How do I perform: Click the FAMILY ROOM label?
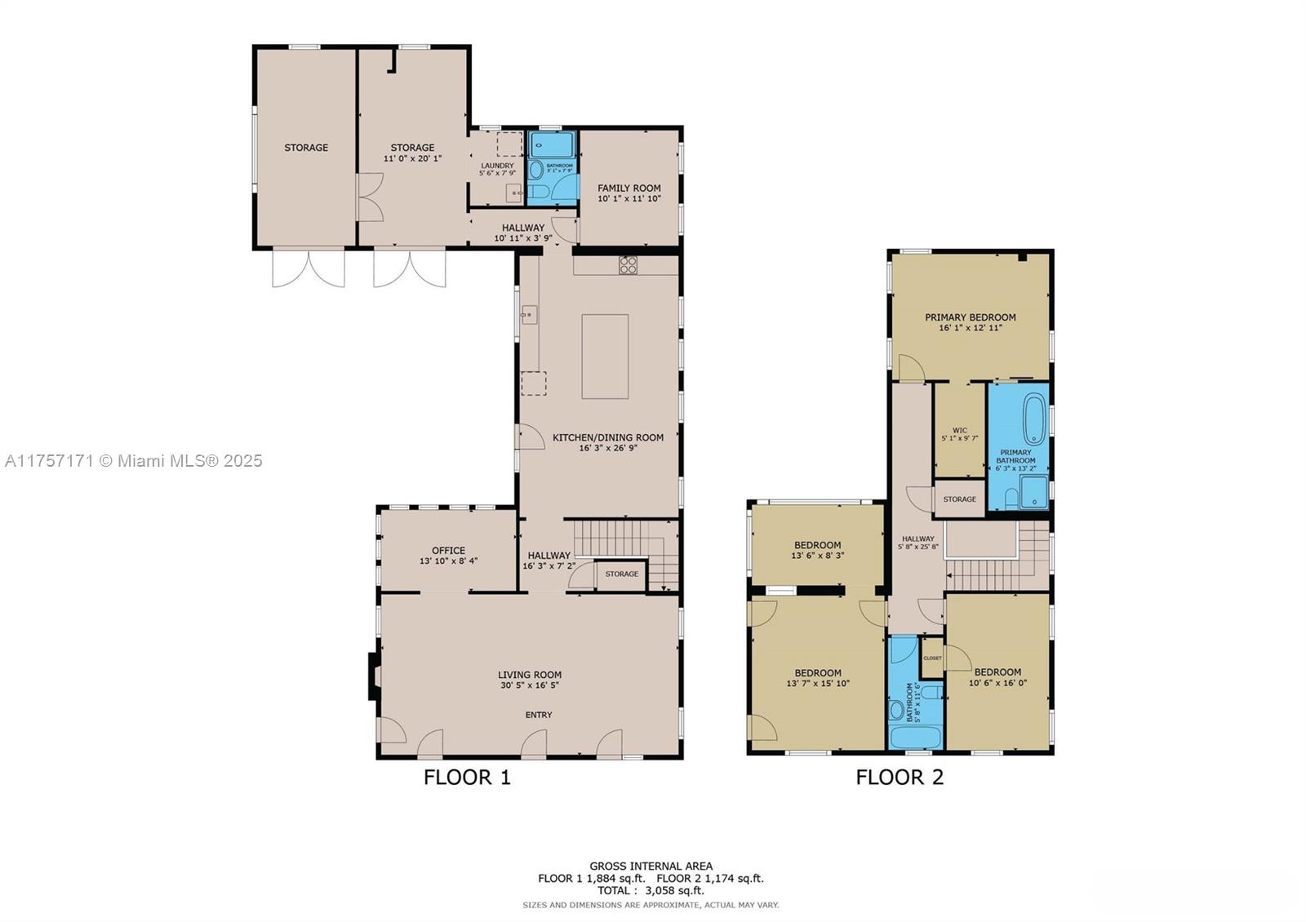pos(629,188)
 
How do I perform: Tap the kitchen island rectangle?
pos(605,357)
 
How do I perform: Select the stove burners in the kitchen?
pos(628,264)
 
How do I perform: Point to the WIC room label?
pos(959,430)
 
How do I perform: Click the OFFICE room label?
pos(448,550)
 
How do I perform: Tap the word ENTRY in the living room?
pos(538,715)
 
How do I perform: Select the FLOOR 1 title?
pos(467,777)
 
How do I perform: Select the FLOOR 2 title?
pos(900,777)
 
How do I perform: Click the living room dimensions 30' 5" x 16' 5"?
pos(530,685)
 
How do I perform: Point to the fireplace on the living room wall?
pos(373,676)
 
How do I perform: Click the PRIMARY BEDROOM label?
pos(970,317)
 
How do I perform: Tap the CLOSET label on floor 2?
pos(932,658)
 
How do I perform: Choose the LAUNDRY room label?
pos(497,166)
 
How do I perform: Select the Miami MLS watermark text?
pos(134,461)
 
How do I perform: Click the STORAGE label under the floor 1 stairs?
pos(622,574)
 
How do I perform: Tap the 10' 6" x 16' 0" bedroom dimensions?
pos(997,684)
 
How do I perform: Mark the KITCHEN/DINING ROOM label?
pos(608,437)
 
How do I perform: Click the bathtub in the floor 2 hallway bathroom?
pos(915,737)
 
